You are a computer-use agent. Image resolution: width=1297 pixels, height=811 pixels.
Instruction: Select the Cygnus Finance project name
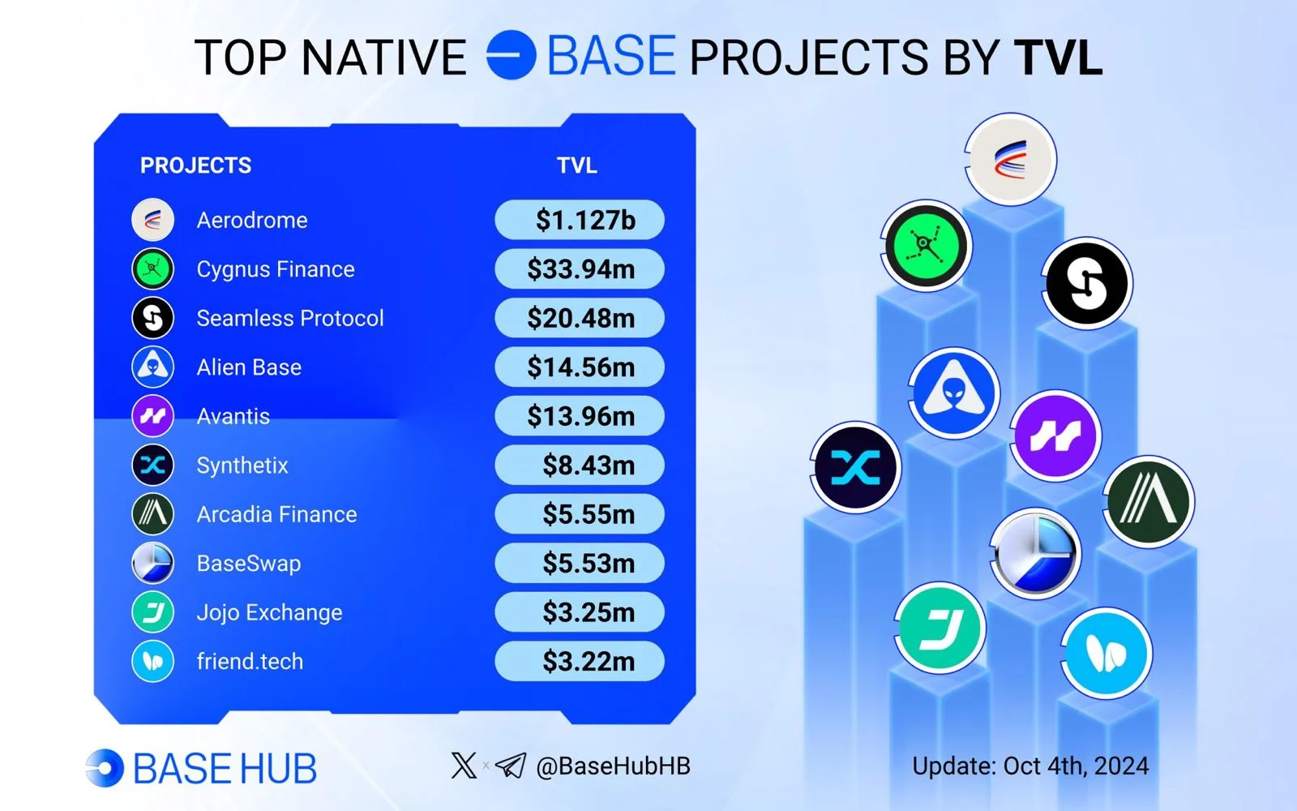(x=276, y=269)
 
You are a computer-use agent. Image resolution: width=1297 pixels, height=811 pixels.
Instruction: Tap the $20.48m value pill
(x=580, y=318)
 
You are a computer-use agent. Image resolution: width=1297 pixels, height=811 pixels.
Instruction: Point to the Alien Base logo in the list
(x=153, y=367)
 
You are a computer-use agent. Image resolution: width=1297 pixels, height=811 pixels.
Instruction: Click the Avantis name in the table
(x=233, y=417)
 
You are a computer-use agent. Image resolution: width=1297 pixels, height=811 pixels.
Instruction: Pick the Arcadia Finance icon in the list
(x=153, y=514)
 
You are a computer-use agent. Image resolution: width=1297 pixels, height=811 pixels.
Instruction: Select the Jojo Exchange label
(x=270, y=612)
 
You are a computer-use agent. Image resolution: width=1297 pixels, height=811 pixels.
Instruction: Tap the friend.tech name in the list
(x=250, y=662)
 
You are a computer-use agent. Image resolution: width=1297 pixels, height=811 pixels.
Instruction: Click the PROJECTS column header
(x=195, y=165)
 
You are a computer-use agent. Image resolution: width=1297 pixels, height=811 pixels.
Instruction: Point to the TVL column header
(x=576, y=165)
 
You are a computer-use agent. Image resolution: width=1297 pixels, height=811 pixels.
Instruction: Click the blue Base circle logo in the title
(x=511, y=55)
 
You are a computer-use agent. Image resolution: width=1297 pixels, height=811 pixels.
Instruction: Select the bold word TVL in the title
(x=1058, y=58)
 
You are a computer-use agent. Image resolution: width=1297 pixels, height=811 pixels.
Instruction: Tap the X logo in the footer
(x=464, y=766)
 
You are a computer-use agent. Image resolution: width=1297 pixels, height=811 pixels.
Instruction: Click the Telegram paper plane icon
(x=511, y=766)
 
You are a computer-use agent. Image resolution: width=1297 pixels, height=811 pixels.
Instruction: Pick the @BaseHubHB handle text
(x=613, y=766)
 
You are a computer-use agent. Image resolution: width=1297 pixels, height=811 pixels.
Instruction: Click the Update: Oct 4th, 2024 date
(x=1030, y=766)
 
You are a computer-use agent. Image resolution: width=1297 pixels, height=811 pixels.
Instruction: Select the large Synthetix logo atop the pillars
(x=855, y=467)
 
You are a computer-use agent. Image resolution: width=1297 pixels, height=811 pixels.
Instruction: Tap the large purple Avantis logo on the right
(x=1055, y=436)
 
